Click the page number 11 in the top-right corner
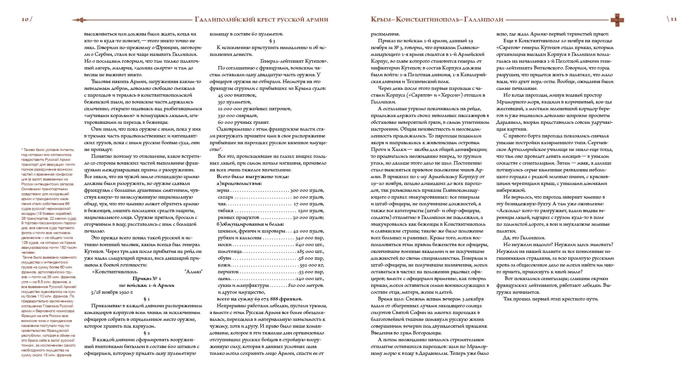673,19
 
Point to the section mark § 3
272,41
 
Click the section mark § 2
147,333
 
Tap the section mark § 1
147,299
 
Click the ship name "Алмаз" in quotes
193,272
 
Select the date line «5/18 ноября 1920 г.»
112,292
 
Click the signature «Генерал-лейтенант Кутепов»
294,61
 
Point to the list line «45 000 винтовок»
237,95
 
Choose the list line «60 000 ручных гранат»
243,122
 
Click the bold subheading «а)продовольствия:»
239,183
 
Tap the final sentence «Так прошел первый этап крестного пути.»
551,299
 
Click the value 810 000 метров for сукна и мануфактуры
306,285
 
